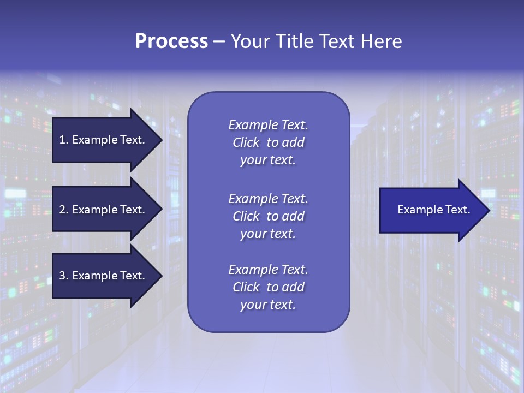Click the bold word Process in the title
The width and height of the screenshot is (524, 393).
point(171,41)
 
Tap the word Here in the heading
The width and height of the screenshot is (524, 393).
point(380,41)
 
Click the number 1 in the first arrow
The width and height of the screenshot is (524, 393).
point(62,140)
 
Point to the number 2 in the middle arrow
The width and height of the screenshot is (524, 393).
point(62,210)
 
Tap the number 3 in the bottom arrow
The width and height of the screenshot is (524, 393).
point(62,276)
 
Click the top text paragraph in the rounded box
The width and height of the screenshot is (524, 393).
point(268,142)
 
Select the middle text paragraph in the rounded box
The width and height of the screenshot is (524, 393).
point(268,216)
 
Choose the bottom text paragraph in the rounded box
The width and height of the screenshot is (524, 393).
point(268,287)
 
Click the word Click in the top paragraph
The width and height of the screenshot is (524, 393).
point(246,142)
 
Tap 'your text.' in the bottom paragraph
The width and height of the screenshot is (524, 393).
point(268,305)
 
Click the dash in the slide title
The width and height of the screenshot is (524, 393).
point(219,42)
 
